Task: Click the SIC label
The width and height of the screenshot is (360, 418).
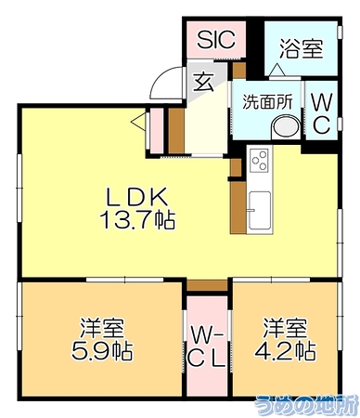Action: [216, 39]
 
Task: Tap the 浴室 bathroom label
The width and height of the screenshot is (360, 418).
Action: [302, 48]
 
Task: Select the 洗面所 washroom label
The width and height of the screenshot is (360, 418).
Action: [267, 101]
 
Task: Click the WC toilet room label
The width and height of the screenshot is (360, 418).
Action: [321, 113]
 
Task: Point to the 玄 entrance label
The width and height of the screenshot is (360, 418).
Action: [203, 82]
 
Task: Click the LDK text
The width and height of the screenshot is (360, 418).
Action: [137, 197]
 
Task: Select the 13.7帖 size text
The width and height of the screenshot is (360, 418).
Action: [137, 220]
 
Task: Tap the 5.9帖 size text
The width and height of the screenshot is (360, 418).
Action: [102, 351]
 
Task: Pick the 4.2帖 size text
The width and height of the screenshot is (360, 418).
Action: [285, 350]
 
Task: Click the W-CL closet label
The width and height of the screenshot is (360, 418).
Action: [207, 347]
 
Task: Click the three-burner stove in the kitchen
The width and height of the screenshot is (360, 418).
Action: [259, 160]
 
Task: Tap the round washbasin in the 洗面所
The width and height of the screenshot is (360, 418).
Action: [286, 126]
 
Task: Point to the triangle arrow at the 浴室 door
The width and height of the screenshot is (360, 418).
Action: [277, 69]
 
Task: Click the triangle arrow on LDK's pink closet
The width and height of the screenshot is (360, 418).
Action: [138, 122]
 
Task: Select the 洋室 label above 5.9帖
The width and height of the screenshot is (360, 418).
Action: [102, 328]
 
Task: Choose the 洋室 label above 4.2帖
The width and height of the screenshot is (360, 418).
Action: [285, 327]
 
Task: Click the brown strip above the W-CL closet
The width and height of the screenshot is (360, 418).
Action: [207, 285]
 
